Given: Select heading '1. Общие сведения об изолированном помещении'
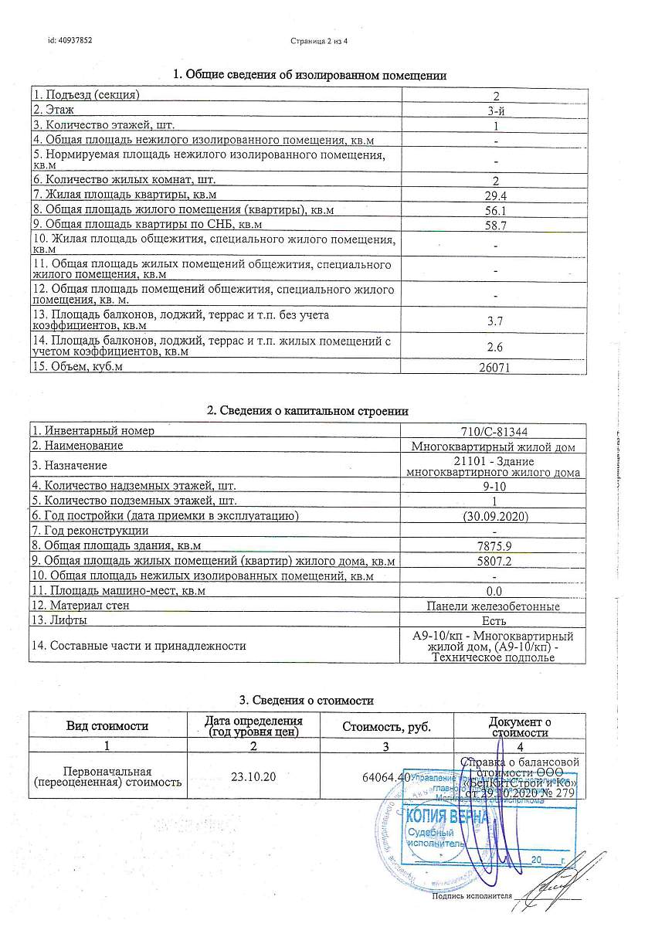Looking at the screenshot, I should (x=310, y=75).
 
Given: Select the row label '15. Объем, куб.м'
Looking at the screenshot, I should (x=78, y=366).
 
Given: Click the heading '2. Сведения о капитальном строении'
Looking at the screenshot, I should (x=307, y=411).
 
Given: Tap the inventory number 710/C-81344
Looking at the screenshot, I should (x=494, y=431).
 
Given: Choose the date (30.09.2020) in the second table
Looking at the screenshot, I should (x=494, y=516).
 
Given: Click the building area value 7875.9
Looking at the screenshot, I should (x=494, y=546).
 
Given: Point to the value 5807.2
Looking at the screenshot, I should (x=494, y=562).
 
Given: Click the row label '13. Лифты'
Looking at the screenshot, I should (x=59, y=620).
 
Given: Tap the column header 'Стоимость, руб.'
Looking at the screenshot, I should (x=386, y=727).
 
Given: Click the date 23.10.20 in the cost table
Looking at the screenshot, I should (x=253, y=776).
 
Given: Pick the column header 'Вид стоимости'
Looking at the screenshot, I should (x=107, y=726).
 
